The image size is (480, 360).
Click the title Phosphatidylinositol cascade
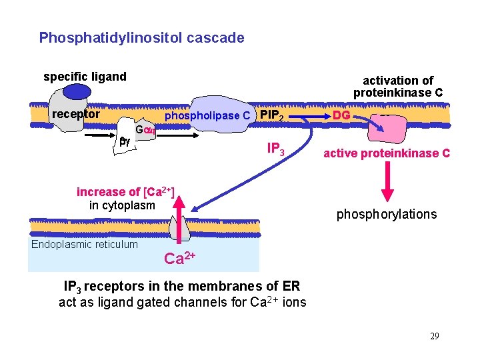(141, 38)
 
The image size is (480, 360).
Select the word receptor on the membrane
(76, 114)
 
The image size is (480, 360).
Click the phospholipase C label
(207, 116)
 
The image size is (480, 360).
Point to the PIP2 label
(275, 116)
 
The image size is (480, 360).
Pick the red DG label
(341, 116)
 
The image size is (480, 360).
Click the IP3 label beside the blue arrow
(276, 149)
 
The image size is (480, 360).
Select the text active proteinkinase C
(387, 153)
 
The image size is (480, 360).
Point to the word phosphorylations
(387, 214)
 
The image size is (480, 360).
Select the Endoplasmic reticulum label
(85, 244)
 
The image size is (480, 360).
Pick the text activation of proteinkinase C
(398, 87)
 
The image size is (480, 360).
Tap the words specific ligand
(85, 77)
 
